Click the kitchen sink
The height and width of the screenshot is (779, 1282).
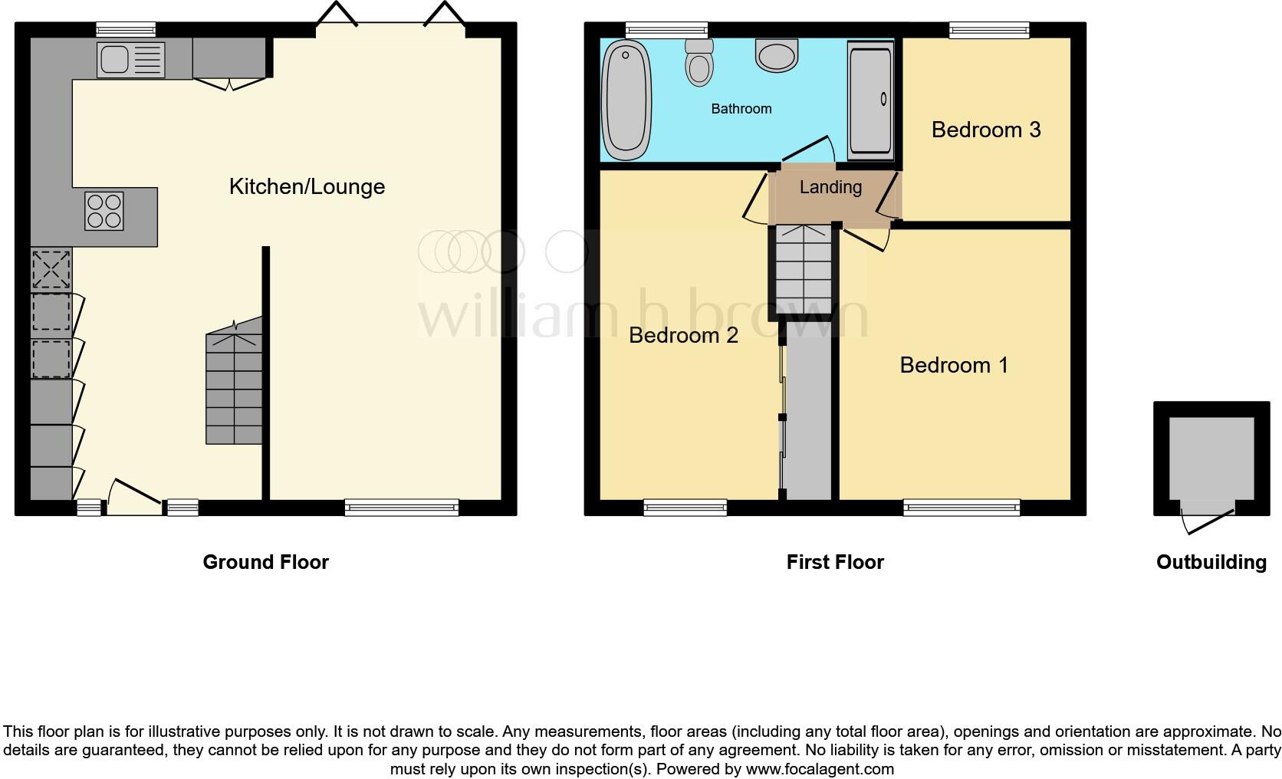pos(131,60)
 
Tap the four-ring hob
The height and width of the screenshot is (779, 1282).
pos(104,211)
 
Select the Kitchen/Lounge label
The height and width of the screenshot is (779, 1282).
pos(307,186)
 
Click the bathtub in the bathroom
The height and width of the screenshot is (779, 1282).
pos(626,100)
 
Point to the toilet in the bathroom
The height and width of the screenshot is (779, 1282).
pos(699,62)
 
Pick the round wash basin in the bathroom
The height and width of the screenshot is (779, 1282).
pos(777,55)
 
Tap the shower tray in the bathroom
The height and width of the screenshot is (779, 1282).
pos(870,100)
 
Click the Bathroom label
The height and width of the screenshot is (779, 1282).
pos(741,109)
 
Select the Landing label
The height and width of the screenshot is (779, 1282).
pos(830,187)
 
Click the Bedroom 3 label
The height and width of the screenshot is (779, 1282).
pos(985,130)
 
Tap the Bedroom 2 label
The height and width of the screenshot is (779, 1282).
pos(683,335)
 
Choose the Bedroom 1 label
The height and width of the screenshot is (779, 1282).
pos(954,365)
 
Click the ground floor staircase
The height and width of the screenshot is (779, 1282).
pos(234,380)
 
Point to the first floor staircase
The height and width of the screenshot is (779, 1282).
pos(804,269)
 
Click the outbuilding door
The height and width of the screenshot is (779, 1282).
pos(1208,518)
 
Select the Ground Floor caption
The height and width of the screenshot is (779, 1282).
pos(265,562)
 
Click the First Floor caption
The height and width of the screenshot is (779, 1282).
pos(835,562)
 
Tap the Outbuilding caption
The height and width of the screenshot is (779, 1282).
pos(1211,563)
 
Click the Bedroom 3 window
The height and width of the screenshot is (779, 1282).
pos(989,30)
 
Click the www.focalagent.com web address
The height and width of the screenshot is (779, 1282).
pos(820,769)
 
